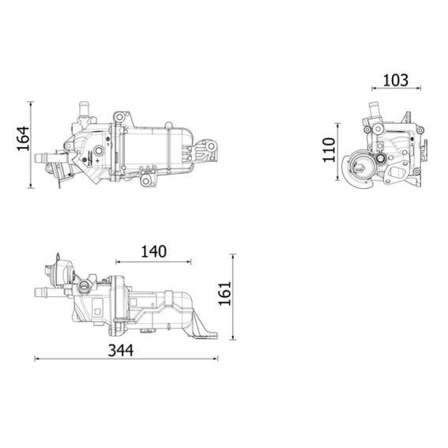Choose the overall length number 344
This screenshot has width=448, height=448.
coord(120,348)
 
